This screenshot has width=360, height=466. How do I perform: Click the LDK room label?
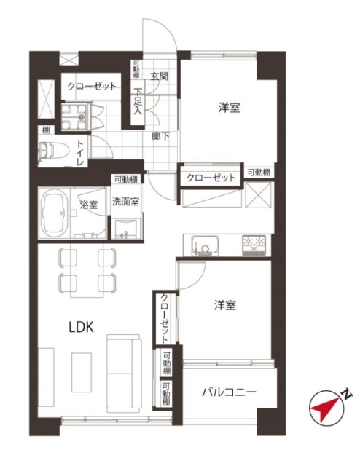tap(81, 327)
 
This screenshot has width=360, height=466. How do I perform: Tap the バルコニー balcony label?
tap(229, 392)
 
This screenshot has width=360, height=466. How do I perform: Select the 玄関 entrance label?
tap(159, 76)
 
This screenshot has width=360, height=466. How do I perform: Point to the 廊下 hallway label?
tap(160, 136)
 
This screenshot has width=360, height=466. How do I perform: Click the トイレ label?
tap(80, 152)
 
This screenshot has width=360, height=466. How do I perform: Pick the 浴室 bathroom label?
tap(89, 205)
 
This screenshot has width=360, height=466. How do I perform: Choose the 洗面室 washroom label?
tap(125, 202)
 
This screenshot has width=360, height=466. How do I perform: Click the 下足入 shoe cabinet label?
tap(138, 101)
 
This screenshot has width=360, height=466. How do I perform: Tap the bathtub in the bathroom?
tap(54, 213)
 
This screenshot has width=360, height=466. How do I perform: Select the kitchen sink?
tap(205, 245)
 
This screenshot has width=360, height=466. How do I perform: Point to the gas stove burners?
tap(254, 245)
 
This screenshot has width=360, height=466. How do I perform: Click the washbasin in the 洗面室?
tap(125, 229)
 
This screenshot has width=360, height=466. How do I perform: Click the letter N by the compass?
tap(346, 395)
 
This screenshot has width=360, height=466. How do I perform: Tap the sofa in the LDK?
tap(124, 374)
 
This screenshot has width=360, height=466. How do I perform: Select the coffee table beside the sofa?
tap(81, 372)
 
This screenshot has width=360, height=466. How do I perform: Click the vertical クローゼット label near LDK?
tap(165, 319)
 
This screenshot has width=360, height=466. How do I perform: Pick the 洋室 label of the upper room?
tap(229, 108)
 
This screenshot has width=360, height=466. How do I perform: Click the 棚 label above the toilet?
tap(46, 130)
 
